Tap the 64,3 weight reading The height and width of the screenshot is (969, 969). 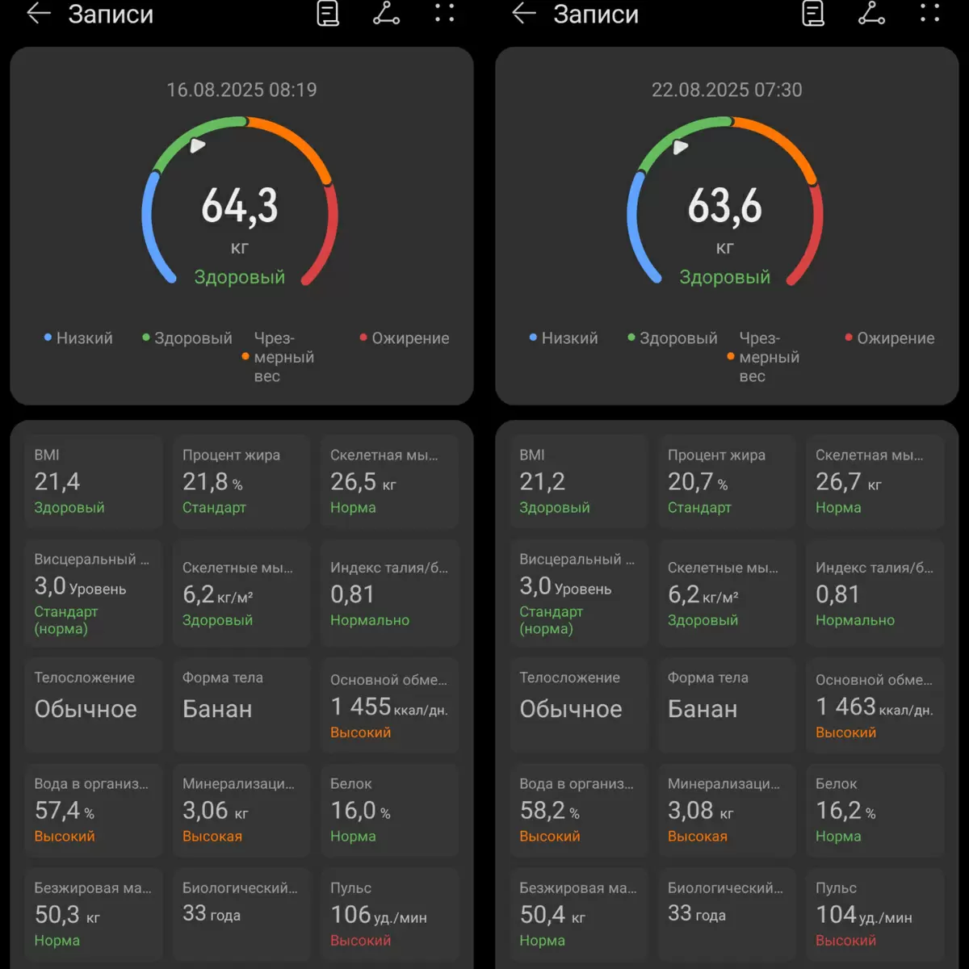pos(240,206)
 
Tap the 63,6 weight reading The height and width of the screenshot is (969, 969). pos(725,206)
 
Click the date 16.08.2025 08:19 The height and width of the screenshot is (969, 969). pos(241,90)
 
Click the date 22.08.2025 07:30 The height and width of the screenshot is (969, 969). pos(727,90)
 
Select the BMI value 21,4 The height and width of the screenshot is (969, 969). pos(57,482)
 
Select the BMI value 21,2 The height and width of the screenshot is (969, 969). pos(542,482)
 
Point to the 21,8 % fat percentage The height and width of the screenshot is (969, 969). pos(212,482)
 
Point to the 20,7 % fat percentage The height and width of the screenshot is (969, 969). pos(698,482)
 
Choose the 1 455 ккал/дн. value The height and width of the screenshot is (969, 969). pos(388,707)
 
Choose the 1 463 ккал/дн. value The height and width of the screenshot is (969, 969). pos(874,707)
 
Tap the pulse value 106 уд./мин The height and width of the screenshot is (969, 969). pos(378,915)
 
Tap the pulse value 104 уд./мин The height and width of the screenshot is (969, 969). pos(863,915)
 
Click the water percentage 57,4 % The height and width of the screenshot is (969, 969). pos(64,811)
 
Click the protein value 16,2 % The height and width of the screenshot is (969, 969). pos(845,811)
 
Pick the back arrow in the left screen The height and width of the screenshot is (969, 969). pos(38,14)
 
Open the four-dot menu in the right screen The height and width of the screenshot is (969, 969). pos(930,13)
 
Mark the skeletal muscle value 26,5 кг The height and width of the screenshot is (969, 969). pos(363,482)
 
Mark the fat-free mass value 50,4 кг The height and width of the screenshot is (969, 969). pos(552,915)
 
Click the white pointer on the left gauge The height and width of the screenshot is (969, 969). pos(197,145)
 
